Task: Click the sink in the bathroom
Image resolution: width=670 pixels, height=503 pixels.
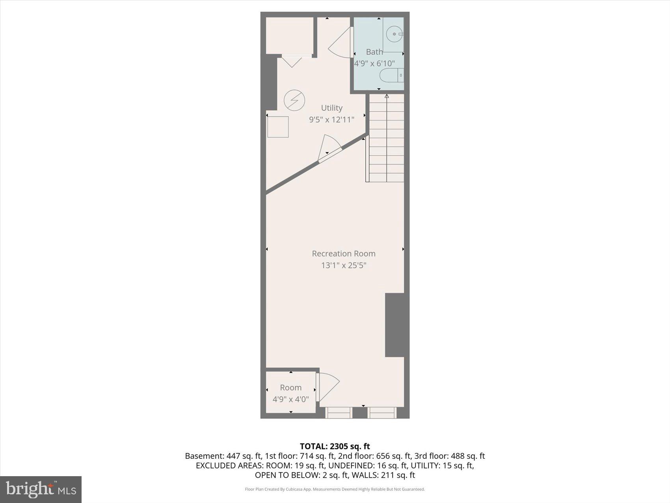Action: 394,34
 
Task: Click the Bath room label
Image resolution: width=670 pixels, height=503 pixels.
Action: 374,52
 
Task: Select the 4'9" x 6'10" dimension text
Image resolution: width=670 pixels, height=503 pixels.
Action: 374,63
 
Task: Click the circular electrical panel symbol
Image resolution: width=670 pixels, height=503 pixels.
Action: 294,100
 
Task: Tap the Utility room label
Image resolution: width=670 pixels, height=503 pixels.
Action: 331,108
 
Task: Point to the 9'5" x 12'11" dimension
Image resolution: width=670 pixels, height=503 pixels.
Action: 331,120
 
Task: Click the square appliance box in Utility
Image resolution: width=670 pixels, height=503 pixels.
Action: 278,127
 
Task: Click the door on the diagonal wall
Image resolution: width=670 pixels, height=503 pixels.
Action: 329,149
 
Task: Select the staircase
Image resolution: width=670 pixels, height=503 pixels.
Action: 386,138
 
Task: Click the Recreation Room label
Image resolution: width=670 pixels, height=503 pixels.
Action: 344,254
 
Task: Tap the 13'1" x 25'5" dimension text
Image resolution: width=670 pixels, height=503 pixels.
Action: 344,266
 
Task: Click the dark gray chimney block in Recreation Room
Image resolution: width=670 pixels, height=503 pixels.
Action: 395,325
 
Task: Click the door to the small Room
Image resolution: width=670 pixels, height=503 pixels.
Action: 328,387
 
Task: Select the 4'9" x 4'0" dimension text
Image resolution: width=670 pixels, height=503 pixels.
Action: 291,399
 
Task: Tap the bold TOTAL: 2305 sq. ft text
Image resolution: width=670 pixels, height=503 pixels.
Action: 335,446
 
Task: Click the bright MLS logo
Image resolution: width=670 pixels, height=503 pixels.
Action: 41,489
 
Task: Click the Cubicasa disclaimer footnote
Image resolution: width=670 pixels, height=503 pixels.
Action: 335,489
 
